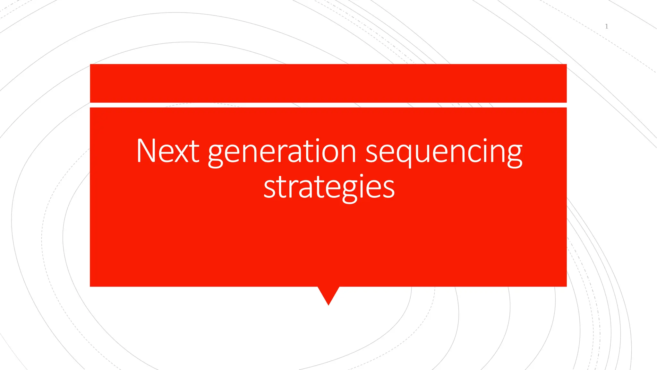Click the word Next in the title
pyautogui.click(x=167, y=151)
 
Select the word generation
pyautogui.click(x=282, y=152)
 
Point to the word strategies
pyautogui.click(x=329, y=187)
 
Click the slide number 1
pyautogui.click(x=606, y=26)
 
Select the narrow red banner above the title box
pyautogui.click(x=328, y=83)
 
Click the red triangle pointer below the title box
pyautogui.click(x=328, y=294)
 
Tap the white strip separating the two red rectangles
pyautogui.click(x=328, y=105)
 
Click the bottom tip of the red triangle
pyautogui.click(x=328, y=304)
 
